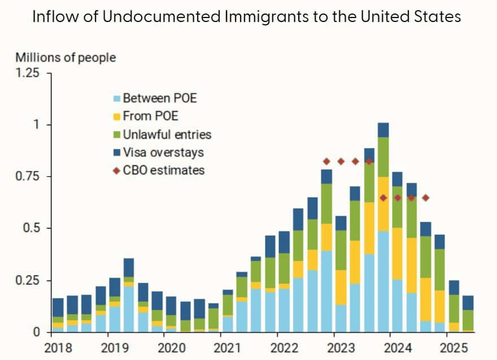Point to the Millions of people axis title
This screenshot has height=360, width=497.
click(66, 58)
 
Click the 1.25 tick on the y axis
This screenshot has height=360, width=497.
click(28, 73)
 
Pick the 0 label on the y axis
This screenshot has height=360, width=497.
click(37, 332)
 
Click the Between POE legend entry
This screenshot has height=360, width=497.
click(159, 98)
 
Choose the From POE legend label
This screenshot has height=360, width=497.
click(150, 117)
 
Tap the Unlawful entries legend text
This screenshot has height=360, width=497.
click(167, 135)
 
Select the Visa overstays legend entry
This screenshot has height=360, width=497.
click(163, 152)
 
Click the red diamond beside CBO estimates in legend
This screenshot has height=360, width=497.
click(117, 170)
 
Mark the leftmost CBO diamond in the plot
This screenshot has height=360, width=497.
click(326, 161)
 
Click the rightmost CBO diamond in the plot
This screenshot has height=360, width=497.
click(425, 197)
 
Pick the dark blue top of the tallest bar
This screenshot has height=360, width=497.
click(383, 130)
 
